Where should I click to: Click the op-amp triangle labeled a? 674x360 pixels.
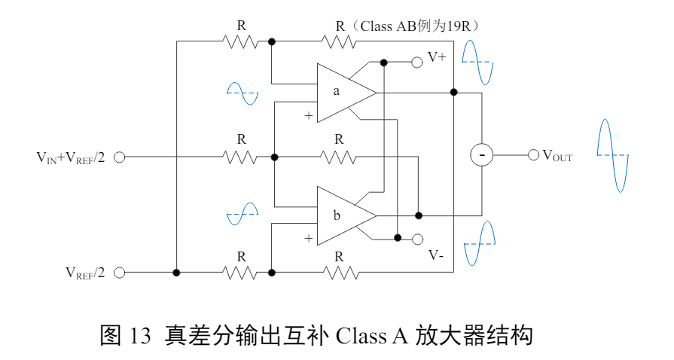tap(342, 92)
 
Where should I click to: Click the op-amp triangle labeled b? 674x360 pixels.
tap(342, 215)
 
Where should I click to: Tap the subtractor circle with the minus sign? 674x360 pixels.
tap(481, 155)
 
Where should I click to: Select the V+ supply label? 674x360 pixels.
tap(437, 57)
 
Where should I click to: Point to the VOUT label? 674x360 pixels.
tap(557, 157)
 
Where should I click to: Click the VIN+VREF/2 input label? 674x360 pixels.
tap(71, 157)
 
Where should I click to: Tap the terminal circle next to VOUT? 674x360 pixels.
tap(533, 155)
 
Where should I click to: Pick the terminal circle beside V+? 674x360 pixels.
tap(416, 62)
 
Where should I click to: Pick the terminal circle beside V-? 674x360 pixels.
tap(416, 239)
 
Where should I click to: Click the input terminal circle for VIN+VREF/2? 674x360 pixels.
tap(119, 157)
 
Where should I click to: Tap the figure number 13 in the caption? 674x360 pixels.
tap(140, 335)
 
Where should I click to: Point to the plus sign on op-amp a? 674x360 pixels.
tap(308, 115)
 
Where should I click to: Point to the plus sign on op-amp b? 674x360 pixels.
tap(308, 238)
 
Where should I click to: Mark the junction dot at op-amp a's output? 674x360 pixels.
tap(453, 92)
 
